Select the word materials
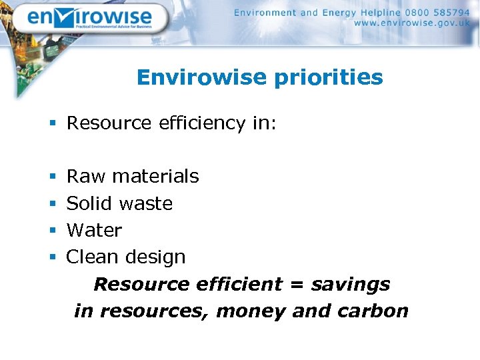point(155,177)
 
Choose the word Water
point(94,230)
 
